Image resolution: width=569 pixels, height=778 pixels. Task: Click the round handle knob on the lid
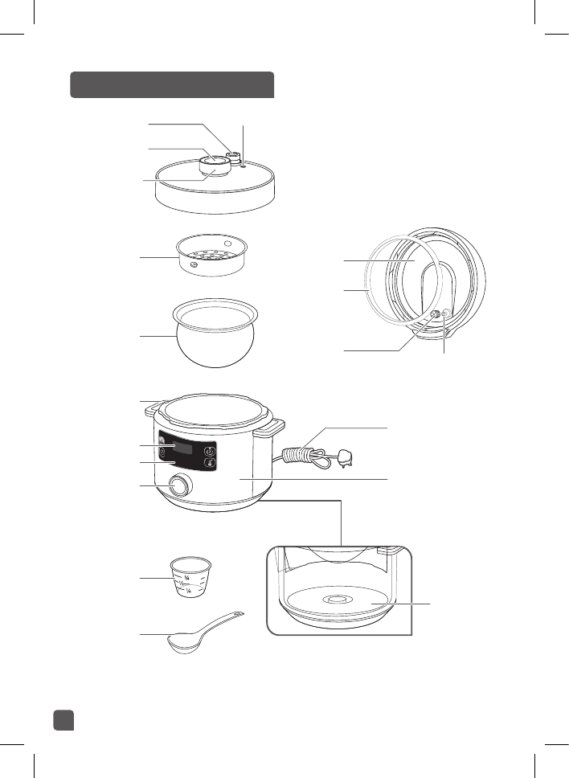pos(214,166)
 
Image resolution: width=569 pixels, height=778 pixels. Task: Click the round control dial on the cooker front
pos(182,486)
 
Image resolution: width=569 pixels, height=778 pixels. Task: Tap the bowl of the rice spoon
pos(182,641)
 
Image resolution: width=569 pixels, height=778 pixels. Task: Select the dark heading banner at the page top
pos(172,84)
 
